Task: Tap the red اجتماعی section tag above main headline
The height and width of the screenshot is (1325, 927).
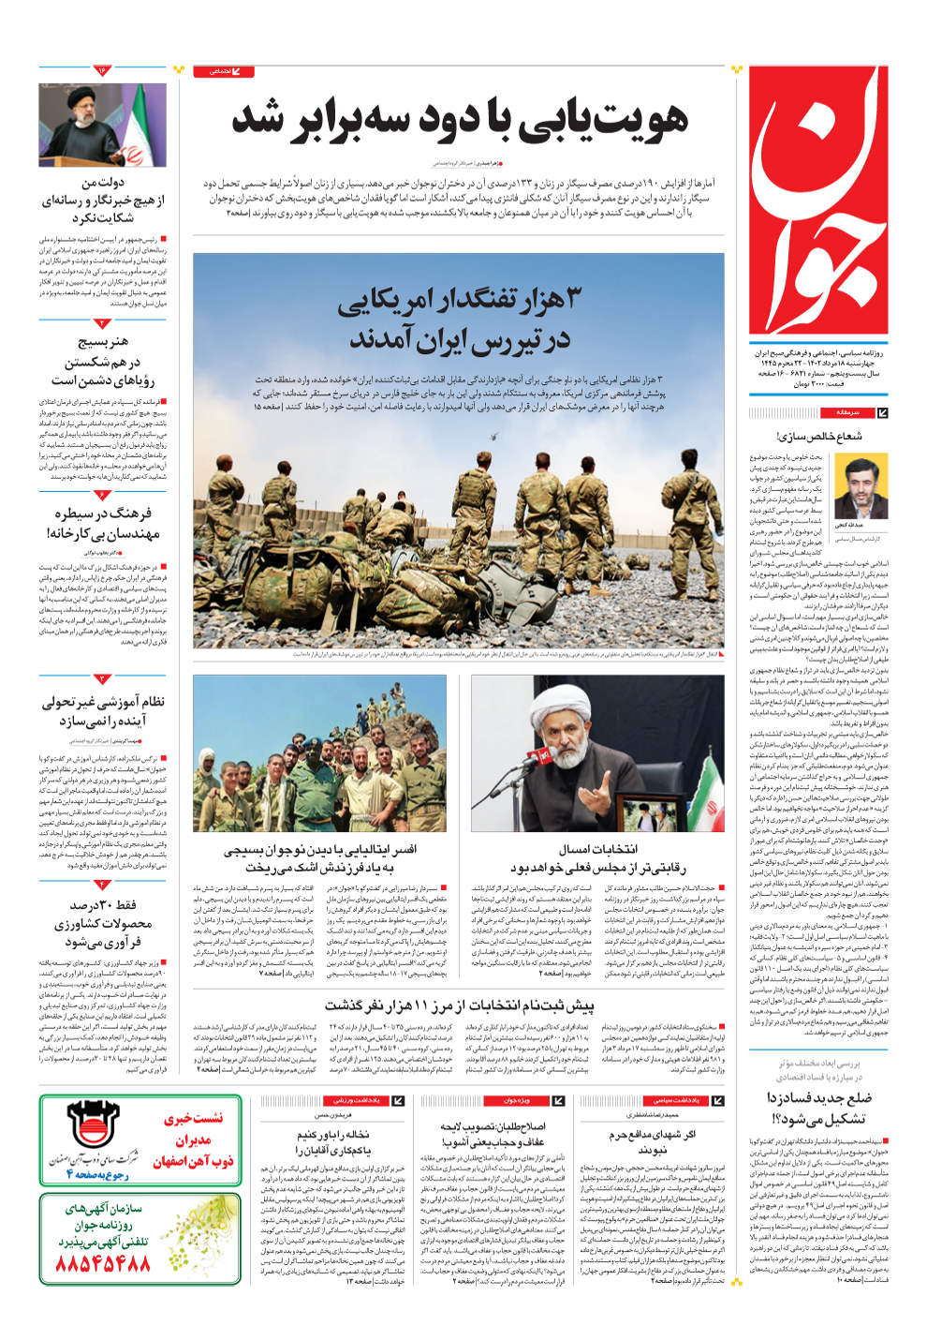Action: [223, 71]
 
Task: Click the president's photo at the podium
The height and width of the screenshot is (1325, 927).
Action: [102, 125]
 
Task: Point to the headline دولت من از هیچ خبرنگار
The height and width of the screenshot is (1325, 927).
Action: [103, 200]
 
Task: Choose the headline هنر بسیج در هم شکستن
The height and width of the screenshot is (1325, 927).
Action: [103, 361]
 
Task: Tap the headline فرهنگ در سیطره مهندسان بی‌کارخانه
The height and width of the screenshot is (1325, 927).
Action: [103, 523]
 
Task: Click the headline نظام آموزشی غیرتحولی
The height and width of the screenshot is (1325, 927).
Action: [103, 711]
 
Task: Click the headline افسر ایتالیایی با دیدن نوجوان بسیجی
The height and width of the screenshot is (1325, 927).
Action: [320, 858]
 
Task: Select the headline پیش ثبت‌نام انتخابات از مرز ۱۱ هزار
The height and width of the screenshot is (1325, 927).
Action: [459, 1005]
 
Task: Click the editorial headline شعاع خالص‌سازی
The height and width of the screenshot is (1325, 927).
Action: [818, 436]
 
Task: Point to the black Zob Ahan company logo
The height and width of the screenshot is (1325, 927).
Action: [92, 1124]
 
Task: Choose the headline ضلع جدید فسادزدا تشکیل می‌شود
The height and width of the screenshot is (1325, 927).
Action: [818, 1108]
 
